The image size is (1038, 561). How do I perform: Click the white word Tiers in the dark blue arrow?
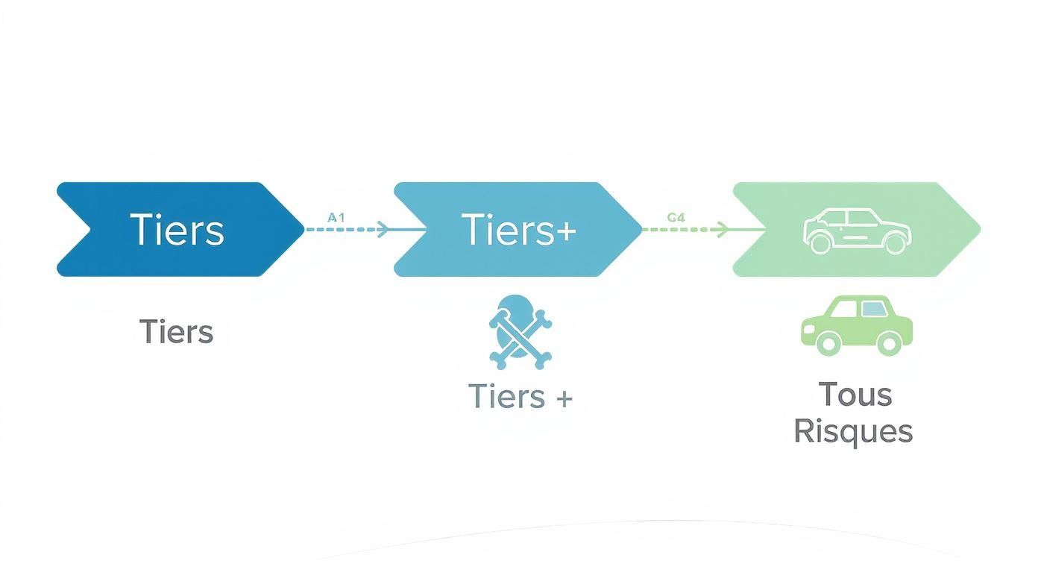[177, 230]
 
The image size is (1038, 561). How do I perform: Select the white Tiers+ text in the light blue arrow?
[518, 230]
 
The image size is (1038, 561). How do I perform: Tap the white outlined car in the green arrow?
[858, 231]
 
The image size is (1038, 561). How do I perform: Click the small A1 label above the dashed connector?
[336, 217]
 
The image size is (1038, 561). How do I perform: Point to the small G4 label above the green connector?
[676, 217]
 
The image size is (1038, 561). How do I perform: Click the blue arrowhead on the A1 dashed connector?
[383, 229]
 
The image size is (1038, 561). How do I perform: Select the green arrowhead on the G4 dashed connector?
[723, 229]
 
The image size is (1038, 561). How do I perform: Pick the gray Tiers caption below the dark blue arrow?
[176, 331]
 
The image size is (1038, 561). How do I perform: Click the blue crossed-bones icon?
[520, 333]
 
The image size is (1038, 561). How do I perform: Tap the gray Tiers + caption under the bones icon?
[520, 396]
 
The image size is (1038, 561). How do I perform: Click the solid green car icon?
[857, 325]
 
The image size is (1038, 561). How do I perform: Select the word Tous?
[855, 395]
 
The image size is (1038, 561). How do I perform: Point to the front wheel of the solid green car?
[828, 344]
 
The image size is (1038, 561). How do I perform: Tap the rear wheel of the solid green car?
[890, 344]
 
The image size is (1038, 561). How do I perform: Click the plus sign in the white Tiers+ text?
[566, 231]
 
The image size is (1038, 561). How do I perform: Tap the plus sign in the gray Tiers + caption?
[564, 398]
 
